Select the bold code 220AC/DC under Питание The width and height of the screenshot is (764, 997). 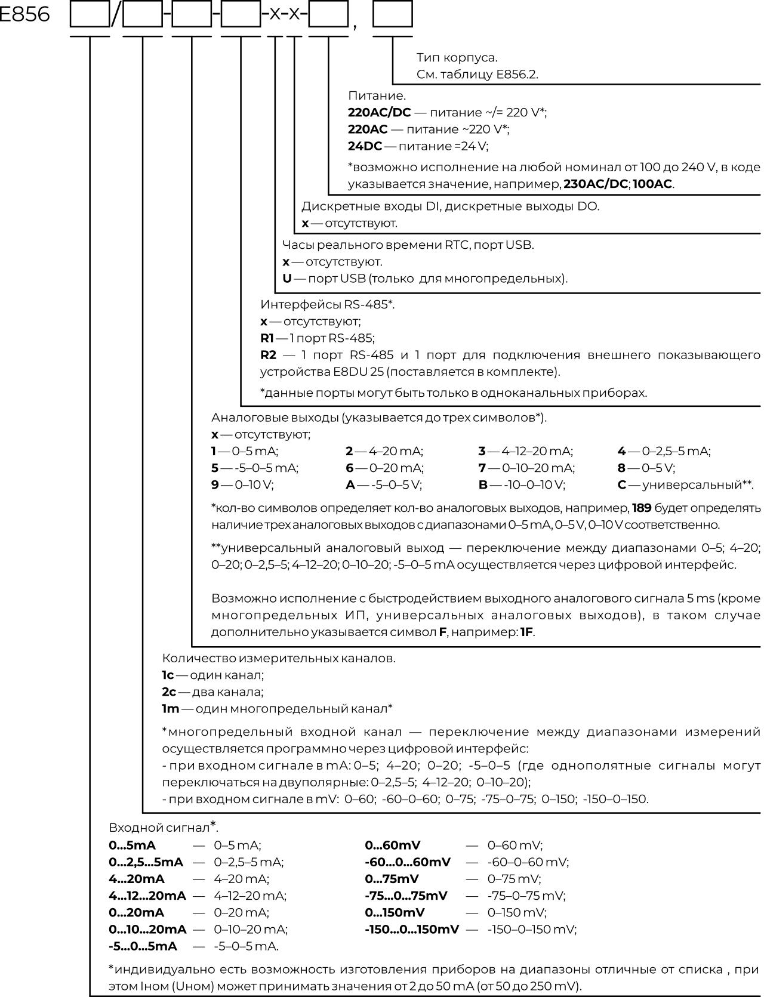(379, 113)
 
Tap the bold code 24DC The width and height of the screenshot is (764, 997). (365, 146)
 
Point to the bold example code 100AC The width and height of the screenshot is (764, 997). (652, 184)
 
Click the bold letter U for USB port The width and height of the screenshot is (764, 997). (286, 279)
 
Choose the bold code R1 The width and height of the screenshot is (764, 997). (266, 338)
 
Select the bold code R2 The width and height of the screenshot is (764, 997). (268, 355)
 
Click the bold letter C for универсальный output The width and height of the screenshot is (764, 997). (621, 485)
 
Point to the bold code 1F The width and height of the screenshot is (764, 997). (526, 632)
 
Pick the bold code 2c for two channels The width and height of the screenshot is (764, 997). (169, 692)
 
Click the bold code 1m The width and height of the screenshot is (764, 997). (170, 709)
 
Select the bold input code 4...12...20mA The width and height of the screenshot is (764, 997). (147, 896)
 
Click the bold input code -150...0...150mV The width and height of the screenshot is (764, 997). (411, 929)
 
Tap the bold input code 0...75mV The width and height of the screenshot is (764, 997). (392, 879)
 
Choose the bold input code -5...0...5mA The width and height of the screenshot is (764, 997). (143, 946)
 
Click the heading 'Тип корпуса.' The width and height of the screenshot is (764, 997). (457, 58)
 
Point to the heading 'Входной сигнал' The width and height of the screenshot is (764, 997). (160, 828)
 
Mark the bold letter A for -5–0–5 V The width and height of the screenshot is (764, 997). (350, 485)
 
